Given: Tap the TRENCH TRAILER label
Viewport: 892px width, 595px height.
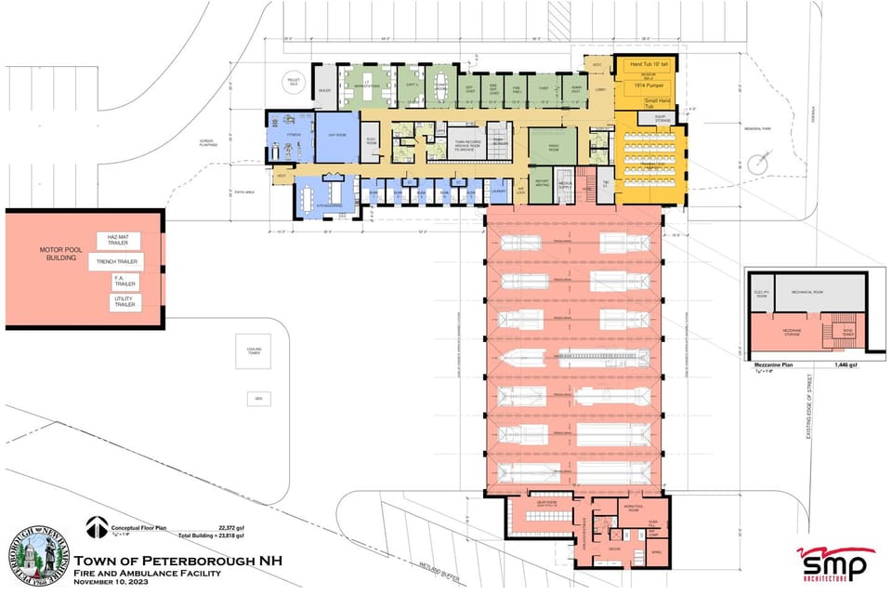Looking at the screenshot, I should pyautogui.click(x=115, y=262).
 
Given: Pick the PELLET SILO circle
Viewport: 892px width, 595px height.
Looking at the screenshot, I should pyautogui.click(x=295, y=82).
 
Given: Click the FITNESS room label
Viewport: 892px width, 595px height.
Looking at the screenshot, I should pyautogui.click(x=294, y=136).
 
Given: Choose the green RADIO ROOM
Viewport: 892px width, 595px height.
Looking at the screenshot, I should pyautogui.click(x=554, y=147).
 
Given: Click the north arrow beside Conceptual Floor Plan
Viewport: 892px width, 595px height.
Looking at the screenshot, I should pyautogui.click(x=96, y=527).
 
